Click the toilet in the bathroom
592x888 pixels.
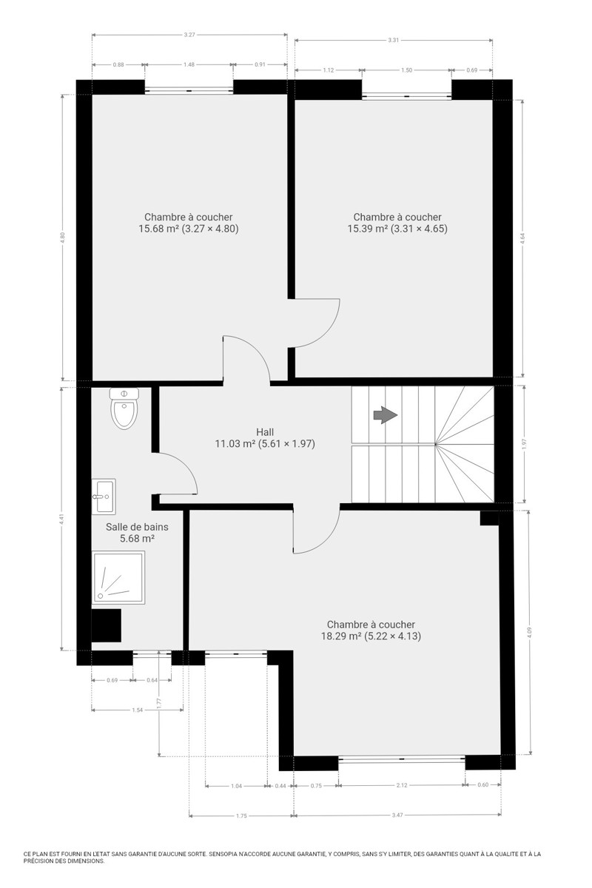click(x=124, y=408)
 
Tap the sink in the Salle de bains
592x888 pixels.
click(x=104, y=497)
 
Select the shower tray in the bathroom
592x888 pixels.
click(x=118, y=578)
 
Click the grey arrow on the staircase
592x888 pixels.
click(x=385, y=415)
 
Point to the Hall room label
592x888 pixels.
click(x=265, y=432)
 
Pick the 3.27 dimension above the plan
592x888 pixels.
click(x=189, y=35)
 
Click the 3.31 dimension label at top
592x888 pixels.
click(x=394, y=40)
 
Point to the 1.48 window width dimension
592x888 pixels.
click(x=189, y=64)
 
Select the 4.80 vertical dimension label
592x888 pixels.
click(x=62, y=238)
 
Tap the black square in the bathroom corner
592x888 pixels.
click(x=107, y=625)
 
